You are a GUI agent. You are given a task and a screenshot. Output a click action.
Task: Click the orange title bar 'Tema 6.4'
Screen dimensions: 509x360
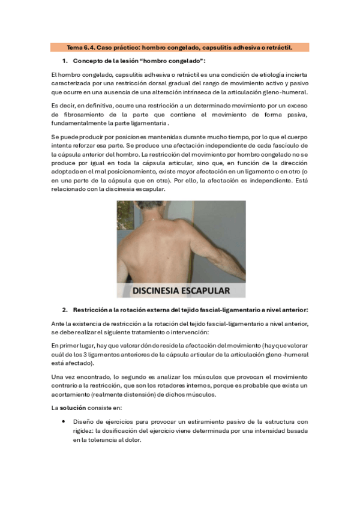point(180,47)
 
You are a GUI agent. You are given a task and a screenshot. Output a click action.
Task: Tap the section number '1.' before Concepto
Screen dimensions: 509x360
point(65,61)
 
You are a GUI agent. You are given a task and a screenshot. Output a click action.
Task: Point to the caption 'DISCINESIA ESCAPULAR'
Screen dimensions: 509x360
point(181,291)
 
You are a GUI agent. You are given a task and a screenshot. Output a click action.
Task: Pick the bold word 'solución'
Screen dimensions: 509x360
point(71,408)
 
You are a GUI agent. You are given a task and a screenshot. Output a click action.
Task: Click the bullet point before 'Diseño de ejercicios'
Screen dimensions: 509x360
point(64,421)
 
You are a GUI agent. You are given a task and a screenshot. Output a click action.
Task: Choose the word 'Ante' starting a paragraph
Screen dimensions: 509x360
point(58,324)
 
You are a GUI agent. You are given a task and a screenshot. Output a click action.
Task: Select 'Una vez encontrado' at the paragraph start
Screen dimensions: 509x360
point(77,376)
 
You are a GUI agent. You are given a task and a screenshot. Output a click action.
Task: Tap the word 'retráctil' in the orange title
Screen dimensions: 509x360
point(295,47)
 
